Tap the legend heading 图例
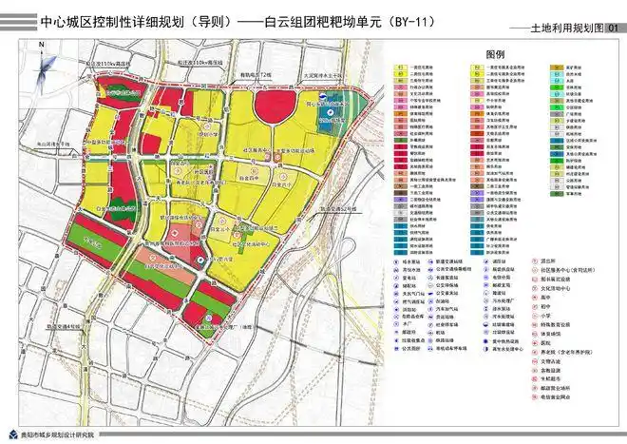[495, 57]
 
